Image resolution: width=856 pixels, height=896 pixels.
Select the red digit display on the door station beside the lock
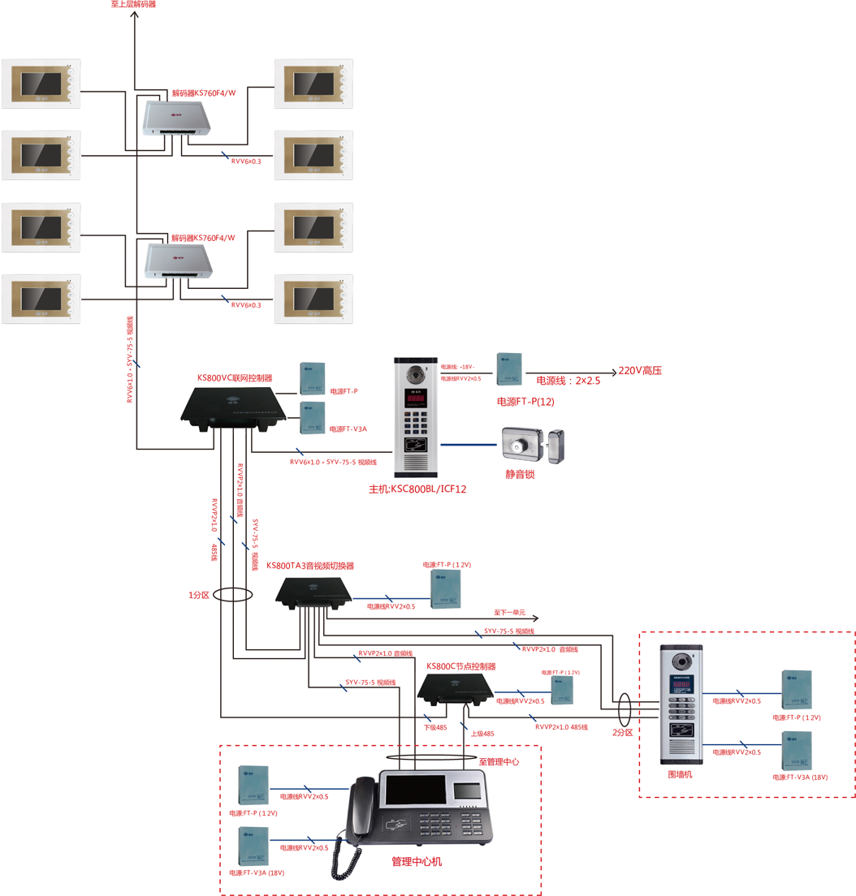[x=417, y=399]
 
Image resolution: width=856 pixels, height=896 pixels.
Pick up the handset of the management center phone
[x=361, y=808]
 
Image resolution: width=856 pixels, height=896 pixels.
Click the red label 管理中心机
[x=417, y=861]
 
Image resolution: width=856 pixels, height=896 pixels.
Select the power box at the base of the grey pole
[x=509, y=368]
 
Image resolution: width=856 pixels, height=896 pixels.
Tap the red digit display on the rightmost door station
[x=681, y=686]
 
